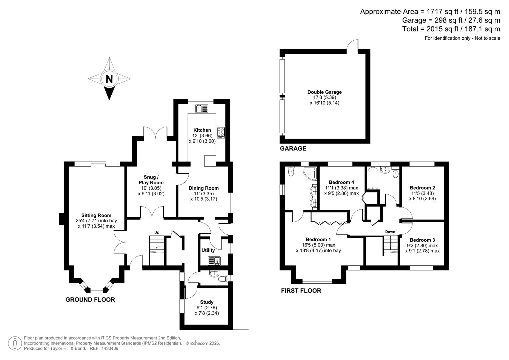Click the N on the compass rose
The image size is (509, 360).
pos(109,79)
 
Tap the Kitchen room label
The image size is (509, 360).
pos(202,130)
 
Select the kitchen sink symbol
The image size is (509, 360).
pos(202,108)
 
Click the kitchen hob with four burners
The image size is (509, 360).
pos(221,132)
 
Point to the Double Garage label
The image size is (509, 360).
pos(324,92)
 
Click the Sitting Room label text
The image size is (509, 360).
pos(96,215)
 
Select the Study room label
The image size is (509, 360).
pos(207,302)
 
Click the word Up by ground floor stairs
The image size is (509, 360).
pos(157,232)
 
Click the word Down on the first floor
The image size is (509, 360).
pos(390,232)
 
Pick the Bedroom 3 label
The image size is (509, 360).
pos(422,240)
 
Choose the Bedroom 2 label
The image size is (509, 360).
pos(422,188)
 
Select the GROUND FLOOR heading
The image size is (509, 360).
pos(90,300)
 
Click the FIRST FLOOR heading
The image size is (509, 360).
pos(301,291)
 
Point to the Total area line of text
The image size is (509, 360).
pos(451,29)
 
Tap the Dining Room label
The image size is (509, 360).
pos(203,188)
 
